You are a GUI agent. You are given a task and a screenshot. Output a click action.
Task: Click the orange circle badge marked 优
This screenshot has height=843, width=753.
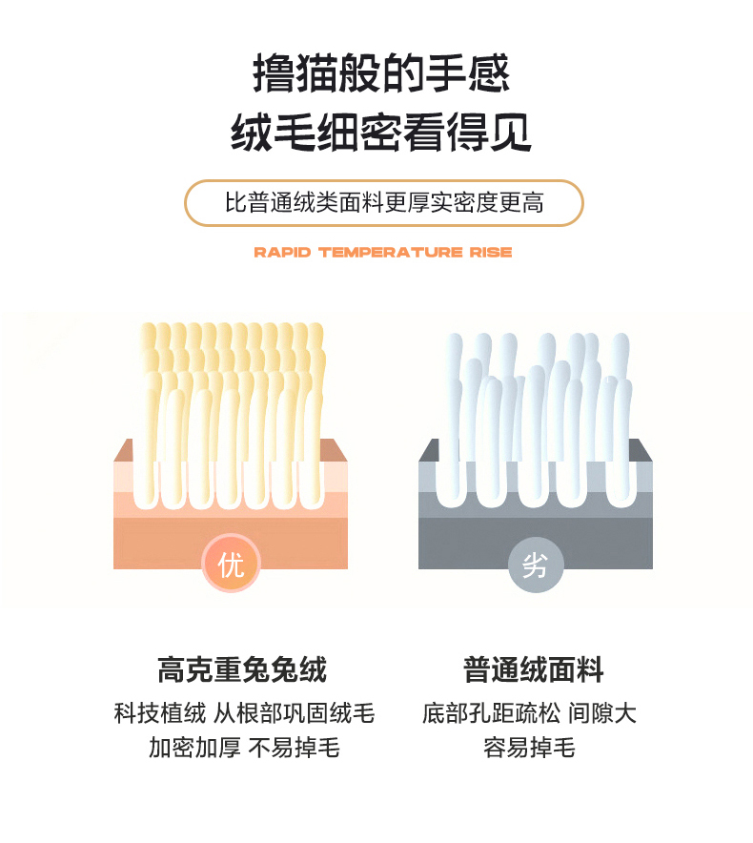231,563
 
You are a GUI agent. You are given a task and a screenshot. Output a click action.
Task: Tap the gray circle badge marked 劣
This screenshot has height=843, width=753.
536,564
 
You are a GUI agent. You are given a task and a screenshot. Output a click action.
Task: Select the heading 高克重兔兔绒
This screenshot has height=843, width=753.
242,669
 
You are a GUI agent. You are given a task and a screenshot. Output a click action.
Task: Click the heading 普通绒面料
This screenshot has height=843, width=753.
534,669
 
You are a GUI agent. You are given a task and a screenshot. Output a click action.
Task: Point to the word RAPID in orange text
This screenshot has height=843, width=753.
282,252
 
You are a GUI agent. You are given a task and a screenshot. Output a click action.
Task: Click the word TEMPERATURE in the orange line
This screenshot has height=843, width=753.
390,252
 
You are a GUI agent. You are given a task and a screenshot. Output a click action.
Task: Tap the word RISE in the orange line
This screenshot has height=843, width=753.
491,252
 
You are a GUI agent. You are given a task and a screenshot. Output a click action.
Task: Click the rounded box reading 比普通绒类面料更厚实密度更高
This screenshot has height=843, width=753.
384,203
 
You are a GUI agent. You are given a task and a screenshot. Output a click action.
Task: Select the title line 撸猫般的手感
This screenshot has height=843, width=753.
381,72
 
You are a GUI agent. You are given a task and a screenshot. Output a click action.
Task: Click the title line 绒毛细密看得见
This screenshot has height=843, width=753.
381,132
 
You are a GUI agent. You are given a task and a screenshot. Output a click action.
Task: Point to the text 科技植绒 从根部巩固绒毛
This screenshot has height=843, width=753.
244,713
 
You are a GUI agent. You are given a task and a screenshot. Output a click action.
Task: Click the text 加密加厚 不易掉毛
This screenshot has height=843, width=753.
244,748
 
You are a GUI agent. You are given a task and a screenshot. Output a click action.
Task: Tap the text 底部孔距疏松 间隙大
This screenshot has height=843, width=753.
529,713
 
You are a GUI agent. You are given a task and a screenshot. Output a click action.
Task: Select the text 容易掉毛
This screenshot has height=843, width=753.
529,748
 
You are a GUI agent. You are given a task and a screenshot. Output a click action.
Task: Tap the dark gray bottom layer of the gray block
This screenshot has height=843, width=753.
536,543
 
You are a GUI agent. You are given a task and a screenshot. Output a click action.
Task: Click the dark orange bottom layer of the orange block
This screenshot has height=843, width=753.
231,543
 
